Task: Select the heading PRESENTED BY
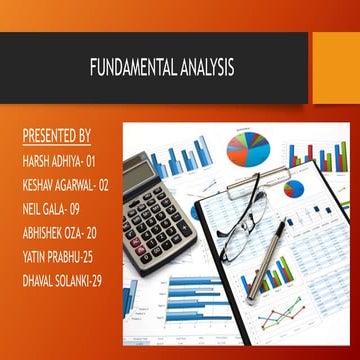click(x=56, y=135)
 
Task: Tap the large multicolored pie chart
click(x=251, y=148)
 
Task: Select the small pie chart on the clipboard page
click(x=294, y=188)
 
